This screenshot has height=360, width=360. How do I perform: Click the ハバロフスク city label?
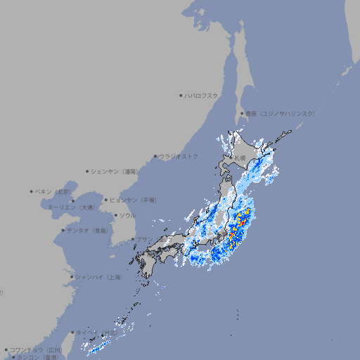(x=201, y=95)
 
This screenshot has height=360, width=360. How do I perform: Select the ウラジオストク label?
(x=179, y=156)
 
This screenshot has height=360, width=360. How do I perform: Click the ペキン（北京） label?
(x=53, y=191)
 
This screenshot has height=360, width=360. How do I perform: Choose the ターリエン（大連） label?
(x=71, y=207)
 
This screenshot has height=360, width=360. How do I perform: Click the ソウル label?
(x=127, y=215)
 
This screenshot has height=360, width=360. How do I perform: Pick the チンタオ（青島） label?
(x=87, y=230)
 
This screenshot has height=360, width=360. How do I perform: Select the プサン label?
(x=144, y=239)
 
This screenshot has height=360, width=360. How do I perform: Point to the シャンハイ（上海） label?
(x=98, y=277)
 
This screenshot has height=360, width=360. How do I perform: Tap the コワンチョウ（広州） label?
(x=35, y=349)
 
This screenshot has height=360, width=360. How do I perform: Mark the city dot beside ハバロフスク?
(x=181, y=95)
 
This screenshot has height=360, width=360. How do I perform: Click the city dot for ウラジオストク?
(x=155, y=156)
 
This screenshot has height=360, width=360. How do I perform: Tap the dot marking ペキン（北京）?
(x=32, y=191)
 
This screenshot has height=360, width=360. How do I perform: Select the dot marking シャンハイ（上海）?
(x=72, y=277)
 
